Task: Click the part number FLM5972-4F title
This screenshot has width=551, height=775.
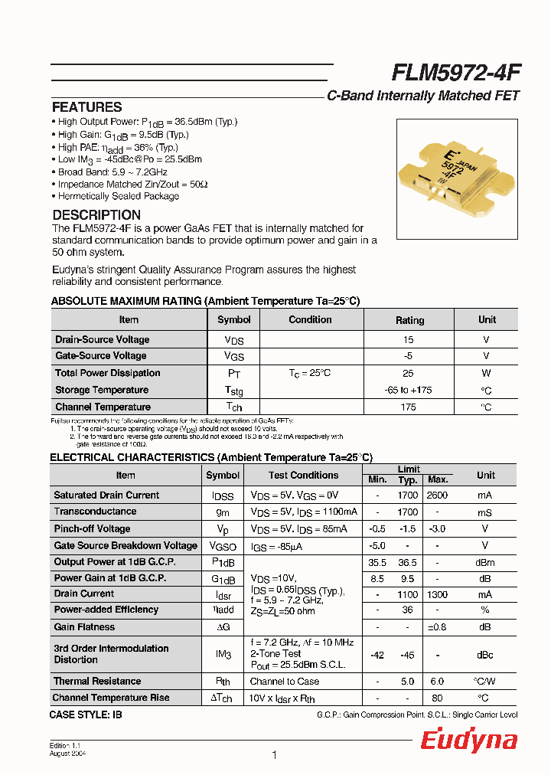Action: tap(456, 73)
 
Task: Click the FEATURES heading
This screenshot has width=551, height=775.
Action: tap(86, 107)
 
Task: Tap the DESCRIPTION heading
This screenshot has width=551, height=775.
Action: tap(96, 215)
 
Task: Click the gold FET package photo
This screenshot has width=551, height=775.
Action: tap(458, 178)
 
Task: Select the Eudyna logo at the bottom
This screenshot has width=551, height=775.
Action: tap(468, 741)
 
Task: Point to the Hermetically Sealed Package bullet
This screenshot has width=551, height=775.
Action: tap(118, 196)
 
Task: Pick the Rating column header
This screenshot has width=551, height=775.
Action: tap(409, 320)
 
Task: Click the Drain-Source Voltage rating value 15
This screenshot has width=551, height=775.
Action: tap(409, 339)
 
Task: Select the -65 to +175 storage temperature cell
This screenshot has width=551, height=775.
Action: tap(409, 390)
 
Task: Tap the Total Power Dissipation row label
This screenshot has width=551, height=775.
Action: tap(107, 373)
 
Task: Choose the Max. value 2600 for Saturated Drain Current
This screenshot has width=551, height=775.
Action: tap(437, 495)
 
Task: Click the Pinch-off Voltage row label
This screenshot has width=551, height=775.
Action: tap(92, 528)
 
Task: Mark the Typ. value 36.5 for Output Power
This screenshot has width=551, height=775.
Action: tap(407, 561)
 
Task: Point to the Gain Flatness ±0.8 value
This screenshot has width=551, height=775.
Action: tap(437, 627)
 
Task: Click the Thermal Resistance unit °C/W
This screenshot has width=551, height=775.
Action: tap(485, 681)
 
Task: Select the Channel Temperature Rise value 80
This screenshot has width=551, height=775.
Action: tap(437, 698)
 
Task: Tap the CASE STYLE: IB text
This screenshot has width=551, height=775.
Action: tap(85, 714)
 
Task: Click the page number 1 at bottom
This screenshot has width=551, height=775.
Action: tap(274, 755)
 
